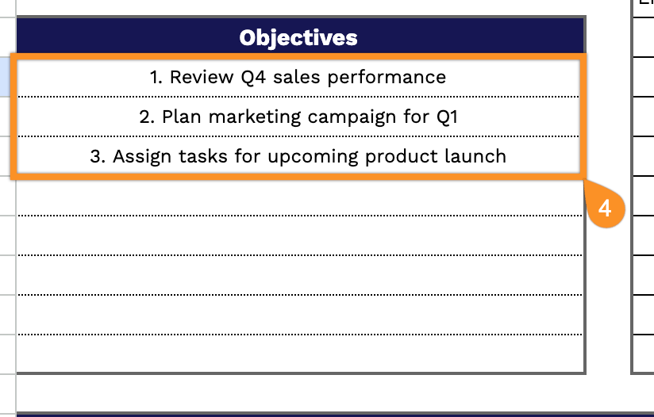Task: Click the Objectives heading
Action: tap(298, 38)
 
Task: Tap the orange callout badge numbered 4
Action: tap(606, 208)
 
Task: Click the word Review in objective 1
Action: tap(202, 77)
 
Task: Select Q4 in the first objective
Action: tap(253, 78)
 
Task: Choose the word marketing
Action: tap(255, 117)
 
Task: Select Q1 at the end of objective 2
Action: tap(447, 117)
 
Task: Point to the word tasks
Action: tap(202, 157)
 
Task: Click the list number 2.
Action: tap(147, 117)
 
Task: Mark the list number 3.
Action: tap(98, 157)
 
